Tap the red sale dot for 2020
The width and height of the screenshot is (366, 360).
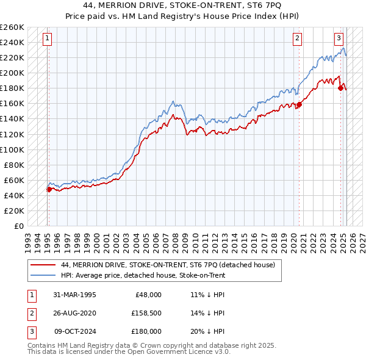click(300, 104)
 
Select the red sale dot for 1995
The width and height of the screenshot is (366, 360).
click(49, 189)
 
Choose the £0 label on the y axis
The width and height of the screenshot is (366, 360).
click(18, 226)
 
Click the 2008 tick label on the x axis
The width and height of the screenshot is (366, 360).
click(177, 237)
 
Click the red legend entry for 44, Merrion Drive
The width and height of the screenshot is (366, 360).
click(168, 265)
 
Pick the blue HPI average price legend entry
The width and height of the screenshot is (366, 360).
click(143, 275)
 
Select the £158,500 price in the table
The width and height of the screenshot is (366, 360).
click(146, 313)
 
